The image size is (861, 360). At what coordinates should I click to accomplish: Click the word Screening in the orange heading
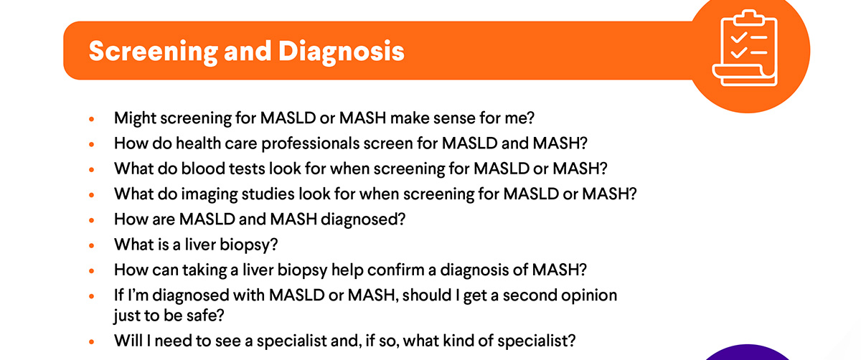pos(153,52)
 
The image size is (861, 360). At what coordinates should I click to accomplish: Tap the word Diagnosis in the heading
pos(342,52)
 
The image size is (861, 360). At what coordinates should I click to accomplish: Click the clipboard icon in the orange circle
pos(745,48)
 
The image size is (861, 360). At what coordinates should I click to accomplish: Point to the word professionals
pos(310,143)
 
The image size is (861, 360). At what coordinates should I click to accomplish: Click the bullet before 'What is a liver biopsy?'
pos(92,245)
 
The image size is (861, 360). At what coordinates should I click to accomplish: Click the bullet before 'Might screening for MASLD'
pos(92,119)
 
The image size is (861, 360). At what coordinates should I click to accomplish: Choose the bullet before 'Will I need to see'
pos(92,341)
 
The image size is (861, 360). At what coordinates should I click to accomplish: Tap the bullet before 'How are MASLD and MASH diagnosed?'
pos(92,220)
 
